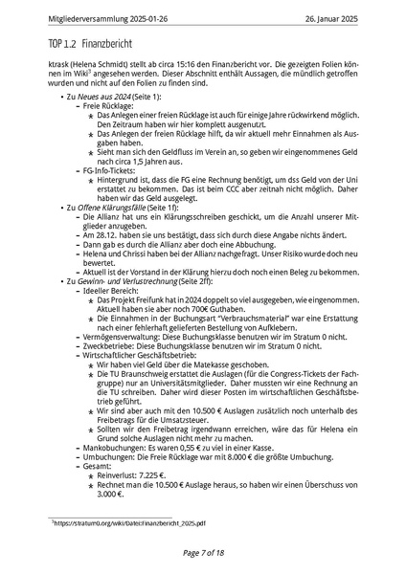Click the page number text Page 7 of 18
202,553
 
